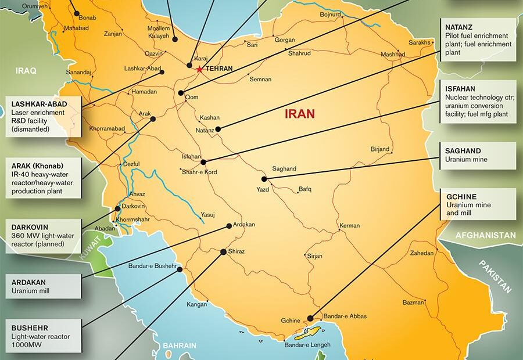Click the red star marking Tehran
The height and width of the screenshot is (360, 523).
tap(199, 69)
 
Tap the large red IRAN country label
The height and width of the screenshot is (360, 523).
tap(300, 114)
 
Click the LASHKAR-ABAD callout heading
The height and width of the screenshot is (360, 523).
tap(39, 104)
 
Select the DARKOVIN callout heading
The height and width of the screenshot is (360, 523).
tap(30, 227)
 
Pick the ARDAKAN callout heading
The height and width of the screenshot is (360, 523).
tap(28, 282)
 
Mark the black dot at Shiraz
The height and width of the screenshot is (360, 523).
tap(223, 252)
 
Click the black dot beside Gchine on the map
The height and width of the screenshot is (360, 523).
tap(310, 318)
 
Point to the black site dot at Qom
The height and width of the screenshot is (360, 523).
tap(181, 93)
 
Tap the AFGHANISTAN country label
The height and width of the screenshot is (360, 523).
tap(485, 235)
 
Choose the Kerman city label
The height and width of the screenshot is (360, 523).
tap(349, 225)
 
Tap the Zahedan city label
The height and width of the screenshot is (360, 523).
tap(422, 253)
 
